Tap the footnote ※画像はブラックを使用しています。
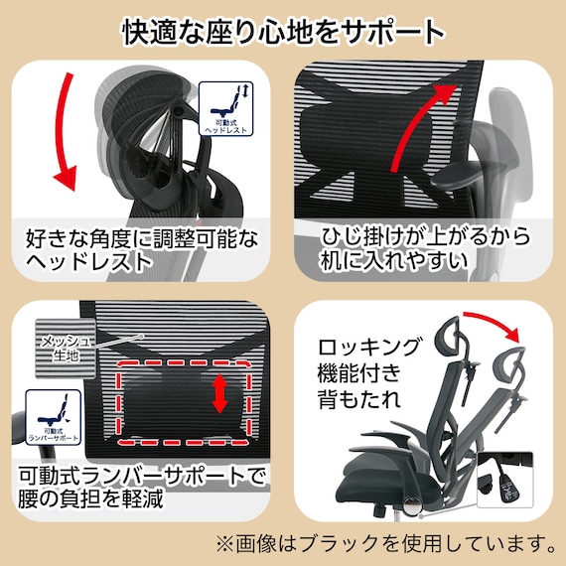click(385, 545)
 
